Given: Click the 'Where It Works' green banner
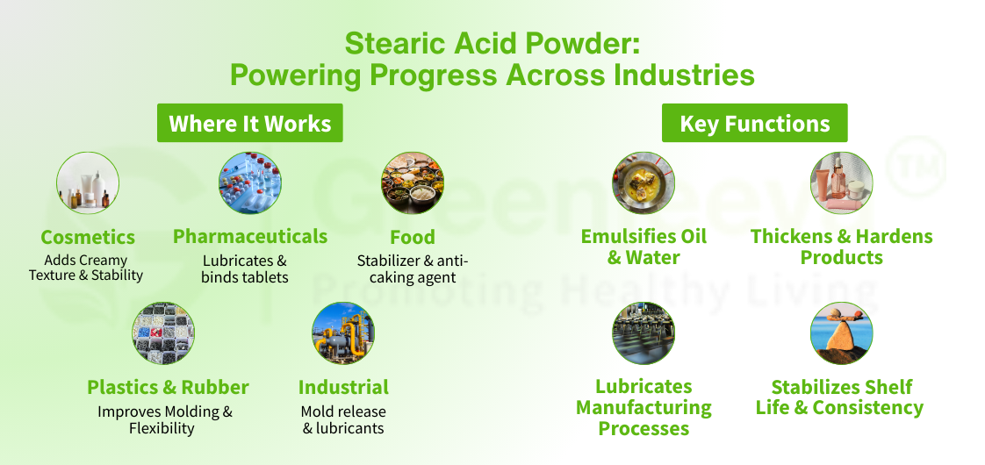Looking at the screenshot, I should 249,124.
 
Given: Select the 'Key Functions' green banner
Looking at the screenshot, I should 754,124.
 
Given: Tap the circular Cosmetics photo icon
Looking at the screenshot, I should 88,182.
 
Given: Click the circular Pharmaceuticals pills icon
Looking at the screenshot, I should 249,182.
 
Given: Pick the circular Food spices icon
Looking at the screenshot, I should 413,182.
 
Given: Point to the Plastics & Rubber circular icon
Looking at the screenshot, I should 163,333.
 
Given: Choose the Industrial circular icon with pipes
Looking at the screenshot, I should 343,333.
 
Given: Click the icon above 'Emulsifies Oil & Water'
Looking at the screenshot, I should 643,182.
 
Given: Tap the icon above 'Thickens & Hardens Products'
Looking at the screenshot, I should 841,182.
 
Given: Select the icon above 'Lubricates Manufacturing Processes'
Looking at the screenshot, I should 643,333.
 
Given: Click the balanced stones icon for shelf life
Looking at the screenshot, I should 841,333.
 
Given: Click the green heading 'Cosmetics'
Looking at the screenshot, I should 88,238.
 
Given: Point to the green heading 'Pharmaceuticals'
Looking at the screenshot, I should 250,237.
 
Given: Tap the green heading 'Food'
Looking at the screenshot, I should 413,238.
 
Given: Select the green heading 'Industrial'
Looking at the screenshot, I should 343,388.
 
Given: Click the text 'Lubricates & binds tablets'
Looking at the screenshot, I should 245,269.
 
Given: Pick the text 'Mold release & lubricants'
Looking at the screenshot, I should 343,420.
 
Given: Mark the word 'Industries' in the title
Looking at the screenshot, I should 683,75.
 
